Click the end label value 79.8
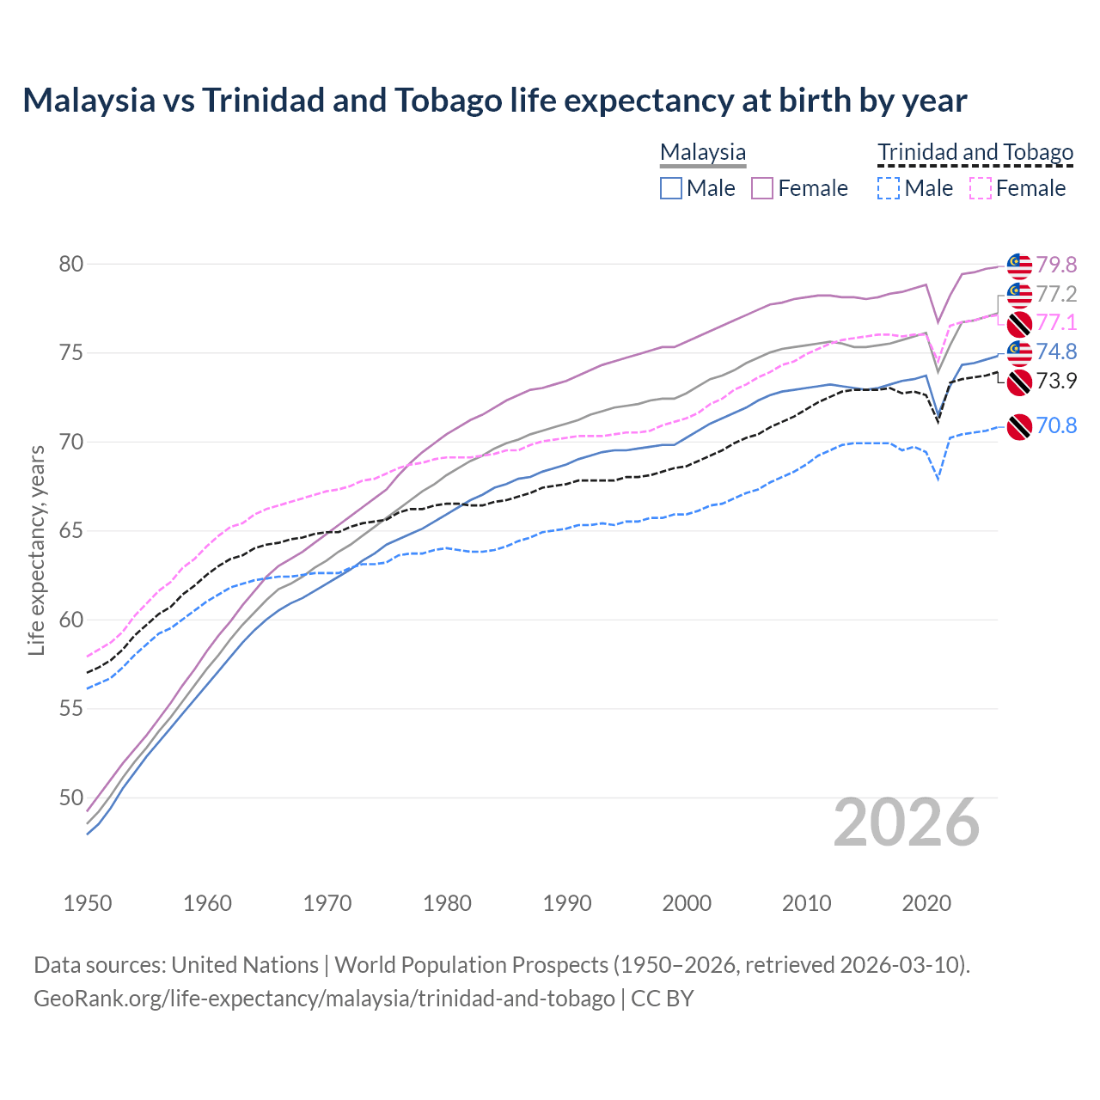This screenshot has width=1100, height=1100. click(x=1056, y=265)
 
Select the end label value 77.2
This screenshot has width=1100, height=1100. click(x=1056, y=294)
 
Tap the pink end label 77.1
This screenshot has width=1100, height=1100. click(x=1056, y=322)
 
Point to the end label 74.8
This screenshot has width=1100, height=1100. click(x=1056, y=351)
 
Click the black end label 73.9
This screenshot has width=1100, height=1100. click(x=1056, y=381)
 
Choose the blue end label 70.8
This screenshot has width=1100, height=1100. click(x=1056, y=425)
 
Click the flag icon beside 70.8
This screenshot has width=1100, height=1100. click(x=1019, y=426)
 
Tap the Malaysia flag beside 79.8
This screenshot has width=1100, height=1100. click(x=1019, y=266)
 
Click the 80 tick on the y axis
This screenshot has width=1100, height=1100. click(x=71, y=264)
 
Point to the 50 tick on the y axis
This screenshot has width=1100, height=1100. click(x=71, y=797)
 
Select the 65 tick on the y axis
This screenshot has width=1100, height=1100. click(x=71, y=531)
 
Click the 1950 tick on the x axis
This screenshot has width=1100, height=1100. click(x=88, y=903)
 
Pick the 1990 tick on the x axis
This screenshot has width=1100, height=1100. click(x=567, y=903)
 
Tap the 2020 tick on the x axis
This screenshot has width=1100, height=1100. click(x=926, y=903)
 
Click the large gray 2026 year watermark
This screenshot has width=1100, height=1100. click(x=907, y=822)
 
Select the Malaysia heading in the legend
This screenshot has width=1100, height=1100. click(x=703, y=152)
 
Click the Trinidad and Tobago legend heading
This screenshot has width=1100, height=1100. click(x=975, y=152)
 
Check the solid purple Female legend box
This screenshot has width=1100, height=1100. click(x=762, y=188)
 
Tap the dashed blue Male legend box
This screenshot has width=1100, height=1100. click(x=889, y=188)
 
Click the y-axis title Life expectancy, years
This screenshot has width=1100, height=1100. click(x=36, y=550)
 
